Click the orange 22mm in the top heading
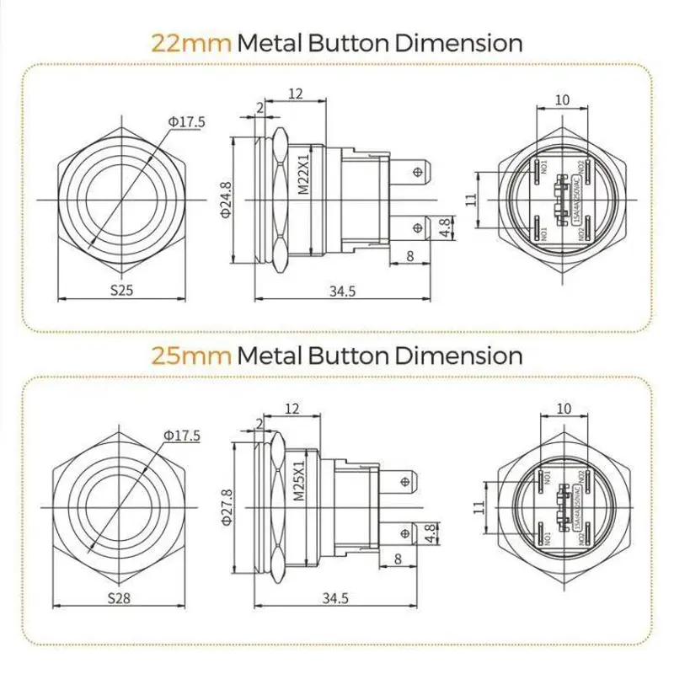pos(191,42)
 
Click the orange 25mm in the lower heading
pos(191,355)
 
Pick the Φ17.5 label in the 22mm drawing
pos(187,122)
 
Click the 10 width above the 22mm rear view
pos(563,100)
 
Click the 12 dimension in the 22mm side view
pos(295,94)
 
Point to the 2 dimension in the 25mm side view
pos(257,421)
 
